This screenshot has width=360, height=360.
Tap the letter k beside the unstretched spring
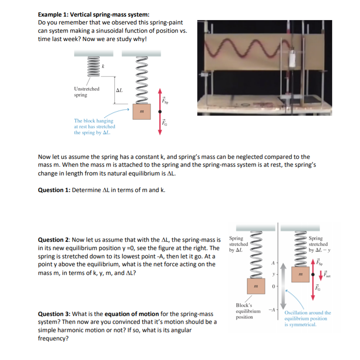[x=104, y=66]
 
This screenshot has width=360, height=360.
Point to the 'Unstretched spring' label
[x=86, y=92]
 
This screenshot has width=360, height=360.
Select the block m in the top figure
[x=141, y=112]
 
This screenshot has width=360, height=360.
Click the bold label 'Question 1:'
[x=54, y=190]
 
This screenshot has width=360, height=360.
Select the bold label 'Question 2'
[x=54, y=240]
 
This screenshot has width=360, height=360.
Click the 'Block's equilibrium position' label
[x=248, y=311]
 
